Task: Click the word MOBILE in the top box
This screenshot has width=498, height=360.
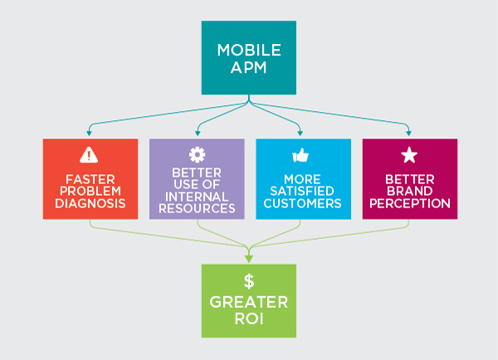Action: (x=249, y=50)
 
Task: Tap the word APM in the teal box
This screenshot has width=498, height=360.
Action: (x=249, y=68)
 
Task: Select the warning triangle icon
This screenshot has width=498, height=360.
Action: (x=89, y=155)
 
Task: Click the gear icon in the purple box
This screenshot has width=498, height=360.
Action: (x=197, y=154)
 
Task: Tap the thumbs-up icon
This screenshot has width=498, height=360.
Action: (x=300, y=155)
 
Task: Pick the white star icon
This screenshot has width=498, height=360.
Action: (x=409, y=155)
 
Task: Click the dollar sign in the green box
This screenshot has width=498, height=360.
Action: (x=249, y=281)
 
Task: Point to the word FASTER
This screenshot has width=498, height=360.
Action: (x=90, y=180)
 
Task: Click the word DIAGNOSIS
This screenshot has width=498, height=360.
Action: (x=90, y=203)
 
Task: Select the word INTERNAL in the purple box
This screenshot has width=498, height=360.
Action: (x=197, y=197)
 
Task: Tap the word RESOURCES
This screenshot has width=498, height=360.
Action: (x=197, y=208)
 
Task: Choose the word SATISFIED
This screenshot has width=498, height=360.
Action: (x=302, y=191)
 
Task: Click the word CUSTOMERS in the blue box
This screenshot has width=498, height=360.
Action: (x=302, y=203)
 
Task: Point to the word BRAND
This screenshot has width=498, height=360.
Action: (x=410, y=191)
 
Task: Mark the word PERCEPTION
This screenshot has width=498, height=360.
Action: (x=410, y=203)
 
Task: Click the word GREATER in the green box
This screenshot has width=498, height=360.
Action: (x=249, y=302)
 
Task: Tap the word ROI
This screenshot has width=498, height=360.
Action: (x=249, y=319)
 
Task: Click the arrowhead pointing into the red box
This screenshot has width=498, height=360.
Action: (x=90, y=133)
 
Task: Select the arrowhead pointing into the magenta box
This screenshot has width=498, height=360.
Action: (x=408, y=133)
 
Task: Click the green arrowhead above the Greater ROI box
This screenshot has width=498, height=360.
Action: (x=249, y=259)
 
